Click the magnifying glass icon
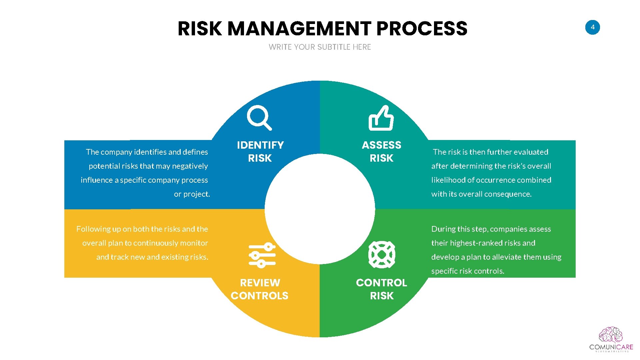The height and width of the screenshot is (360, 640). tap(259, 117)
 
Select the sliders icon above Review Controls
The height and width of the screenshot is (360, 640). tap(262, 255)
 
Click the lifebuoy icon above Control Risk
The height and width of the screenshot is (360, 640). tap(382, 255)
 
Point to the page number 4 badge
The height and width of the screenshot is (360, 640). tap(592, 27)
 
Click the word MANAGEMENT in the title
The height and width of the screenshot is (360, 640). tap(299, 29)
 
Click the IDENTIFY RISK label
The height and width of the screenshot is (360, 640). tap(260, 151)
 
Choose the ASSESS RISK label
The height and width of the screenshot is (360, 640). tap(381, 151)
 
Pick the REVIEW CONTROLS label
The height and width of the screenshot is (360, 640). tap(259, 289)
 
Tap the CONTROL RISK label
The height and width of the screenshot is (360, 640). tap(381, 289)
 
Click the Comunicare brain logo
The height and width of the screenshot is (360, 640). tap(611, 335)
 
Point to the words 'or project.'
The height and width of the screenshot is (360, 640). tap(192, 194)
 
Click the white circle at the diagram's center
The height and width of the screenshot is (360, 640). tap(320, 209)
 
